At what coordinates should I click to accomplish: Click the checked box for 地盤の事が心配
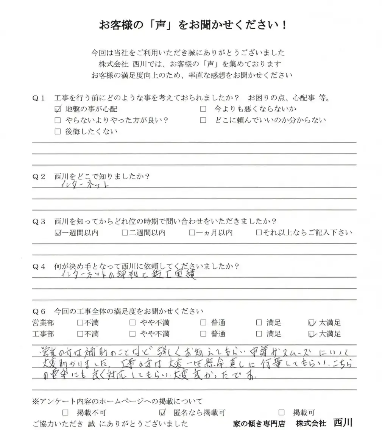58,109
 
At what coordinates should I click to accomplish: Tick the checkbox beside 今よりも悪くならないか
203,109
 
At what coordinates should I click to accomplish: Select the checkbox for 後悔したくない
58,132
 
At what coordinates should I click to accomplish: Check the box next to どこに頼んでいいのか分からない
203,120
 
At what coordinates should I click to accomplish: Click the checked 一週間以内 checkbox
58,233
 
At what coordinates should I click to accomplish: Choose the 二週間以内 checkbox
125,233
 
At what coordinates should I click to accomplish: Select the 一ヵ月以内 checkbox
192,233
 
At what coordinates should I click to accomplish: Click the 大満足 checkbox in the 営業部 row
312,323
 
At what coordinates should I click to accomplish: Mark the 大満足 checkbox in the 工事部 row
312,334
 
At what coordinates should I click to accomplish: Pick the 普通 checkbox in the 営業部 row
203,323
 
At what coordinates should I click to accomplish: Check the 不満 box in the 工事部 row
80,334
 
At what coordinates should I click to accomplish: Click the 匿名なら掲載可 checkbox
163,413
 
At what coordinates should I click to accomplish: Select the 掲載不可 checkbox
65,413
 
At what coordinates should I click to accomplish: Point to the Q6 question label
39,312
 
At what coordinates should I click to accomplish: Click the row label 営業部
44,323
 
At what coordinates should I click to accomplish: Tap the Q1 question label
39,98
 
